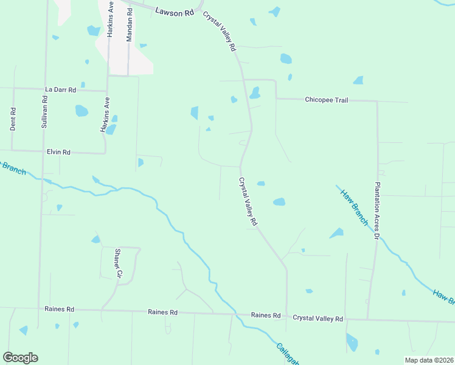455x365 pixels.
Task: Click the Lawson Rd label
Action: [x=174, y=12]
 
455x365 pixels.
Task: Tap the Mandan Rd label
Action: [x=129, y=26]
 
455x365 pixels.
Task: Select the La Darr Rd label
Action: [x=60, y=89]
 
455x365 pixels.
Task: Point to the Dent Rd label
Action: [x=13, y=119]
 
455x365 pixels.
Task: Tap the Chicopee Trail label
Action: [x=326, y=100]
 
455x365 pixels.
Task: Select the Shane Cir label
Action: [x=118, y=262]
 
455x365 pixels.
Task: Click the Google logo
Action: [x=20, y=358]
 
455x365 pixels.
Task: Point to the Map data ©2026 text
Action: [x=429, y=360]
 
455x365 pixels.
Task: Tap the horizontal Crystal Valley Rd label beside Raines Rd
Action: [x=318, y=318]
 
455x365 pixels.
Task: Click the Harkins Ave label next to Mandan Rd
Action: [x=111, y=22]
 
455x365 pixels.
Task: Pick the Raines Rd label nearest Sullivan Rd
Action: [x=59, y=309]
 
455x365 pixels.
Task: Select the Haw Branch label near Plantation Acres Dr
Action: [x=353, y=206]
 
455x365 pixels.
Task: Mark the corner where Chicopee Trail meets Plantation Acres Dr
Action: [x=377, y=101]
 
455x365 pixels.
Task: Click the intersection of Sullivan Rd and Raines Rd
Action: [x=40, y=308]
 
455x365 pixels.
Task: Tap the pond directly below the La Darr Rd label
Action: [x=81, y=111]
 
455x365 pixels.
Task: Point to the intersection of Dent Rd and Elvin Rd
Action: [x=13, y=150]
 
